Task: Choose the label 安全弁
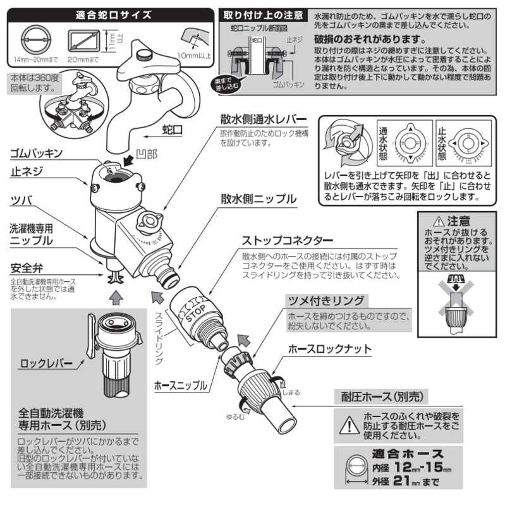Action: tap(26, 268)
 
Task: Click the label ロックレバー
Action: tap(46, 364)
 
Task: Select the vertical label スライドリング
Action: tap(159, 341)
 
